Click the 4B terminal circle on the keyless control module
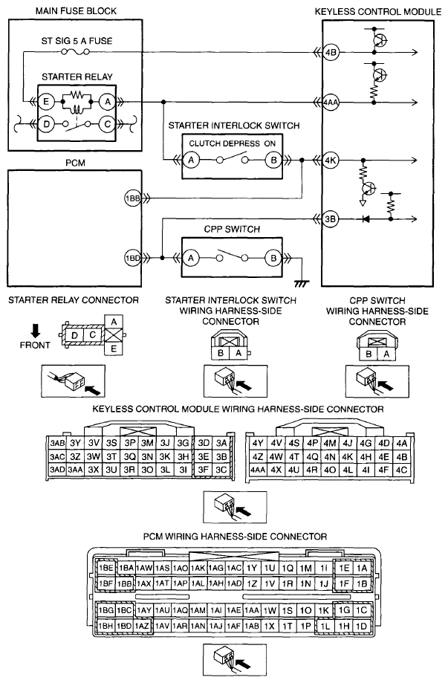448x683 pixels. point(331,52)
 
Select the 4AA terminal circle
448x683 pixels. point(331,103)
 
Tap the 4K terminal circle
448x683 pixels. point(331,160)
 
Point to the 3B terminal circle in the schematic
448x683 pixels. point(331,219)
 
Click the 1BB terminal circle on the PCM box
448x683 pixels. point(133,198)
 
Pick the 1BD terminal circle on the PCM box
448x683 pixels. point(133,258)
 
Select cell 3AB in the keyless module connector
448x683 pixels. point(56,443)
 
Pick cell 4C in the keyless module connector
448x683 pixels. point(402,470)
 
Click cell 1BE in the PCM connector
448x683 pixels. point(105,569)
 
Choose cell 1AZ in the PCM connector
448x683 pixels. point(144,626)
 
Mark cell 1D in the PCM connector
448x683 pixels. point(361,626)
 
